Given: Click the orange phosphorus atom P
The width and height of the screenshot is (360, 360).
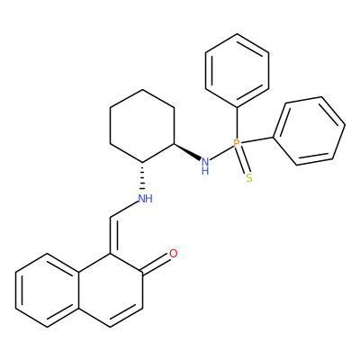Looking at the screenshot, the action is (237, 143).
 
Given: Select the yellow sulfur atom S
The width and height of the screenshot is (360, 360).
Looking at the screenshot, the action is (249, 178).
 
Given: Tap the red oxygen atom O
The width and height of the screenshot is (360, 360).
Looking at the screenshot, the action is (174, 254).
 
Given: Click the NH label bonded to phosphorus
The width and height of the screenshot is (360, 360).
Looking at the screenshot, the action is (205, 166).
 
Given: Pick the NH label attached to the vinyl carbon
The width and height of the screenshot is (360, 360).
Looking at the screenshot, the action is (146, 199).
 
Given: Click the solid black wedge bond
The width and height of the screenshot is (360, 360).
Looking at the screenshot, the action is (187, 152).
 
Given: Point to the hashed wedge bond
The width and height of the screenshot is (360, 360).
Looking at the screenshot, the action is (142, 176).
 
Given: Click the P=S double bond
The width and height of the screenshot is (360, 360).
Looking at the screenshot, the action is (243, 160).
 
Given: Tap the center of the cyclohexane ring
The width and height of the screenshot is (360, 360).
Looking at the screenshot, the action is (142, 126).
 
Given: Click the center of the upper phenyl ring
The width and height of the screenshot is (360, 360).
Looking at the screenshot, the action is (237, 70).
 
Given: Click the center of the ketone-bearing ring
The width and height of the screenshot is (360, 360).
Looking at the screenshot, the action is (111, 291).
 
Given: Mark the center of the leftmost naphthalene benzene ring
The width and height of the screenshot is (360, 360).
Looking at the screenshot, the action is (48, 291).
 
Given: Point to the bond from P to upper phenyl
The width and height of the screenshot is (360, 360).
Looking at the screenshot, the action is (237, 123).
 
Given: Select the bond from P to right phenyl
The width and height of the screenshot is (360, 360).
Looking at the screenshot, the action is (256, 140).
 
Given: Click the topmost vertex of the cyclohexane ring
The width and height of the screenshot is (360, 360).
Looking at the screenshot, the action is (142, 89).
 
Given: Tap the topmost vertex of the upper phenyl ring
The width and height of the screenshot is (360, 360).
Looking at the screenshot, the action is (237, 34).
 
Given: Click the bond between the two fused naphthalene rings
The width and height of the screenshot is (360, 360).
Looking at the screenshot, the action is (79, 291).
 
